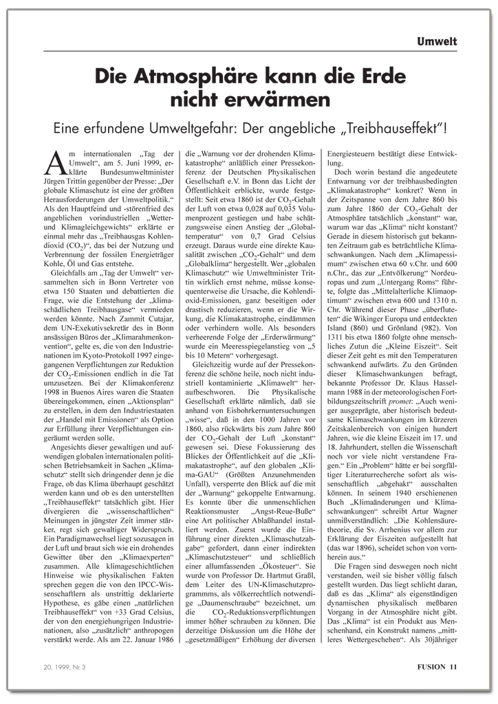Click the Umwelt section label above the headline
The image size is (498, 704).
[x=437, y=42]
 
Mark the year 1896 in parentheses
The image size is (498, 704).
[x=356, y=552]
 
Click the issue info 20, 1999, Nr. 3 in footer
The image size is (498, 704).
[x=61, y=666]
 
